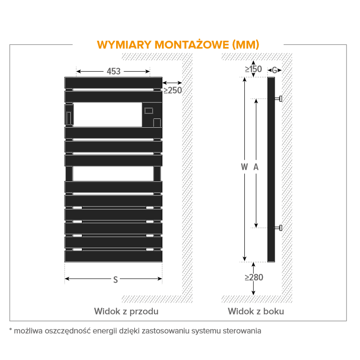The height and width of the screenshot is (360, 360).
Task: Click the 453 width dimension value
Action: pyautogui.click(x=113, y=71)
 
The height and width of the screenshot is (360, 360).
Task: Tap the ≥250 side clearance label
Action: pyautogui.click(x=173, y=90)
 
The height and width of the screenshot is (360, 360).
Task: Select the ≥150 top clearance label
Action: pyautogui.click(x=253, y=69)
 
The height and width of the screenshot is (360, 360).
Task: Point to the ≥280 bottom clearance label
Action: pyautogui.click(x=254, y=277)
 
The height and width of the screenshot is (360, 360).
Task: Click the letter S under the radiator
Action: pyautogui.click(x=116, y=280)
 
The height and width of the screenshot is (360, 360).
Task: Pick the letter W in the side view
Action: pyautogui.click(x=244, y=167)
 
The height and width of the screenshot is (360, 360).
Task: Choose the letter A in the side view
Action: pyautogui.click(x=256, y=167)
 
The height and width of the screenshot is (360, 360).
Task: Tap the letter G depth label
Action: pyautogui.click(x=274, y=70)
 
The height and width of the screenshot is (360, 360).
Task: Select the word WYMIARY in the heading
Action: pyautogui.click(x=124, y=45)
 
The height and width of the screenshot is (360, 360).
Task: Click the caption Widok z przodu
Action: pyautogui.click(x=126, y=311)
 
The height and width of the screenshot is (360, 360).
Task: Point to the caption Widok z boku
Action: pyautogui.click(x=256, y=311)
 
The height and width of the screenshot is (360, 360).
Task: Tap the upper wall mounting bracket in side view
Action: pyautogui.click(x=278, y=99)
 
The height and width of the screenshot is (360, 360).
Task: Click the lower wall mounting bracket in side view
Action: pyautogui.click(x=278, y=228)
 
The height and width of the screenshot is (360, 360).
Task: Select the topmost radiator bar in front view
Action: pyautogui.click(x=113, y=83)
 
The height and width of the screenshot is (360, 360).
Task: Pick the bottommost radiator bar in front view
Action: pyautogui.click(x=113, y=256)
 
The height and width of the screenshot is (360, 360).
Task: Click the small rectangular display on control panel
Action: pyautogui.click(x=149, y=111)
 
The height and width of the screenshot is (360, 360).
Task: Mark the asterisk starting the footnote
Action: pyautogui.click(x=11, y=330)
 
